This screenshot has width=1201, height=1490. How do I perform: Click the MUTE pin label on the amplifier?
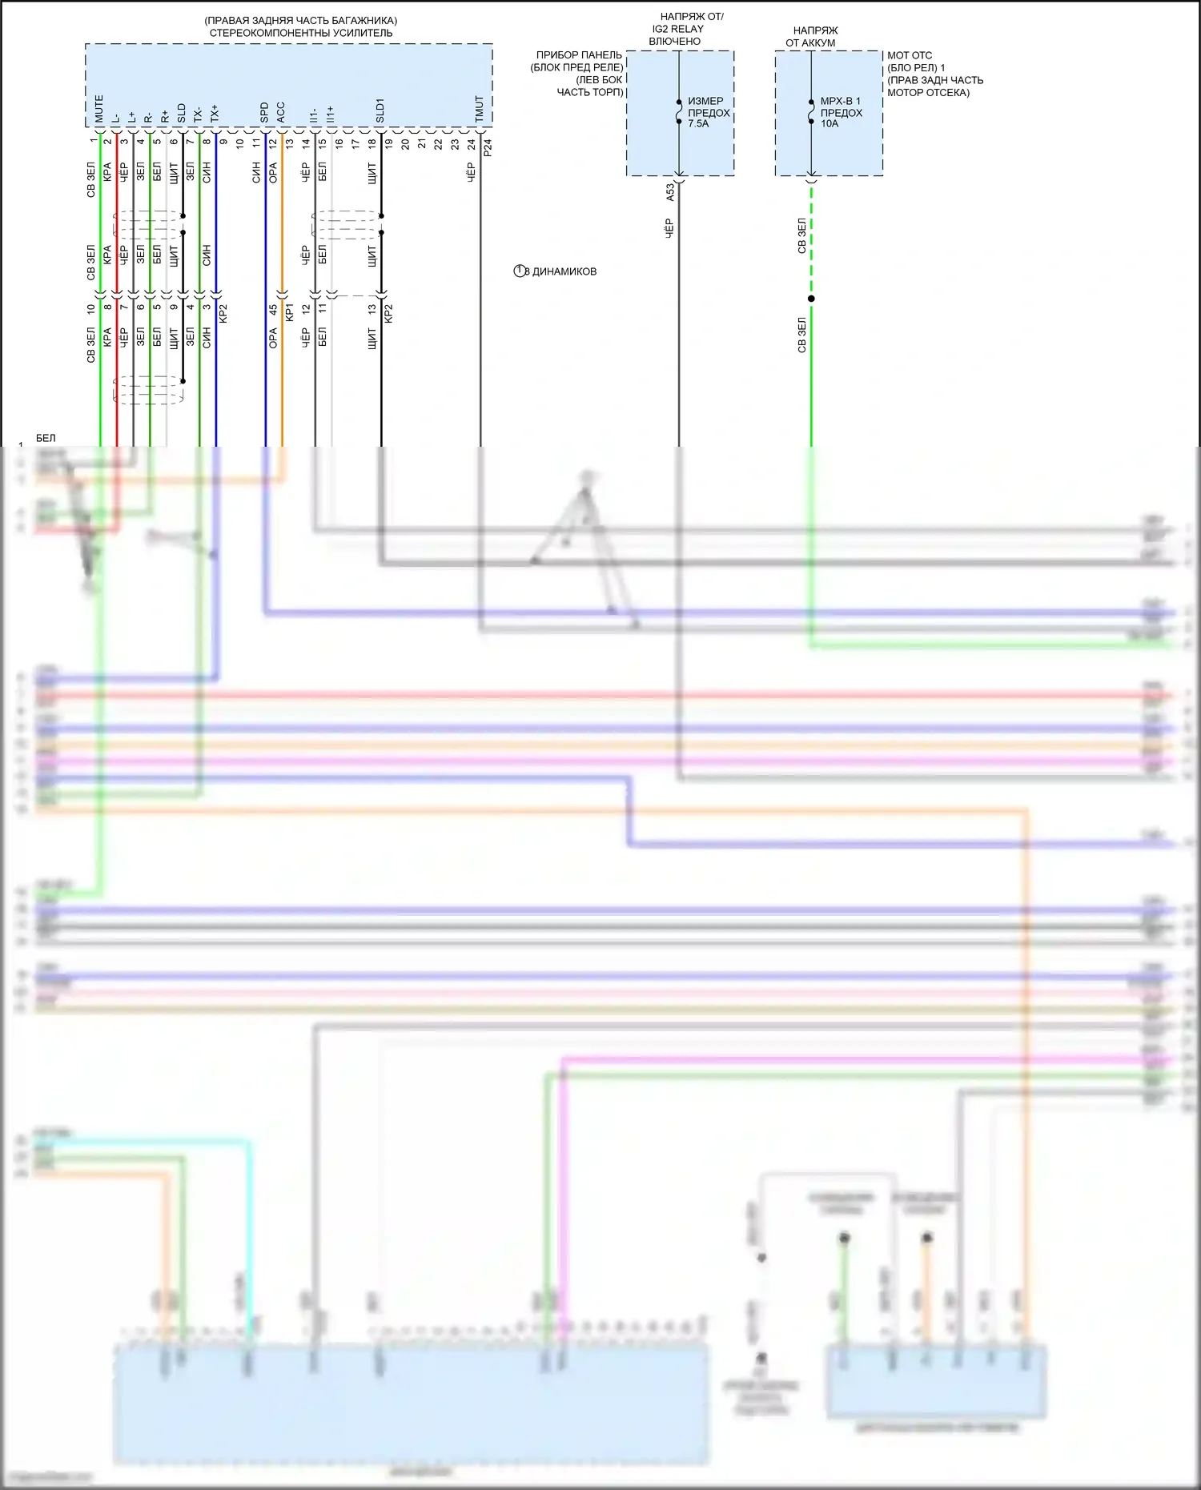click(x=99, y=110)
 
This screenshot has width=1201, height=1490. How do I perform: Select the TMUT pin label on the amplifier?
click(x=480, y=110)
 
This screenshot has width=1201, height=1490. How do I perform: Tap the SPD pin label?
click(x=264, y=113)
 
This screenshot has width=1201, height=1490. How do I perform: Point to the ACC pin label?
click(x=281, y=113)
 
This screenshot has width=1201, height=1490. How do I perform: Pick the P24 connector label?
click(x=488, y=147)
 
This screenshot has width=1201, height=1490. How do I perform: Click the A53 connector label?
click(x=670, y=192)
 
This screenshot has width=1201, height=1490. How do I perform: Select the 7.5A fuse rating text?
click(x=698, y=124)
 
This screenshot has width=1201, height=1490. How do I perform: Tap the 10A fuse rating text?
click(x=829, y=124)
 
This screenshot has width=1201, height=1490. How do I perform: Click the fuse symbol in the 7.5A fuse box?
click(x=679, y=112)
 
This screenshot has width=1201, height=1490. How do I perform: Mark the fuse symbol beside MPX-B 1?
click(x=811, y=112)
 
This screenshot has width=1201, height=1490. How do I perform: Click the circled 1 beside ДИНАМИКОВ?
click(x=520, y=271)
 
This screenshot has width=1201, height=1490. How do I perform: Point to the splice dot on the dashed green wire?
click(x=811, y=299)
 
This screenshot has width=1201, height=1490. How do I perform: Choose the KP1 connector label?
click(x=290, y=312)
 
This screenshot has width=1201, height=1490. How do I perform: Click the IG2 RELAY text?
click(x=677, y=29)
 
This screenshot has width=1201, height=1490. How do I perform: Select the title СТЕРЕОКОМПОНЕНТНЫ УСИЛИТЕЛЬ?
click(x=301, y=33)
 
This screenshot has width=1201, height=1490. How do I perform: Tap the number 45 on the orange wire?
click(x=273, y=309)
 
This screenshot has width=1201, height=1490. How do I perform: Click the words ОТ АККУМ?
click(x=810, y=42)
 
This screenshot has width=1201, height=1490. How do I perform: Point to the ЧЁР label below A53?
click(x=670, y=228)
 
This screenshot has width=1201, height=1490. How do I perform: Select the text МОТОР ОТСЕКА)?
click(x=928, y=93)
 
